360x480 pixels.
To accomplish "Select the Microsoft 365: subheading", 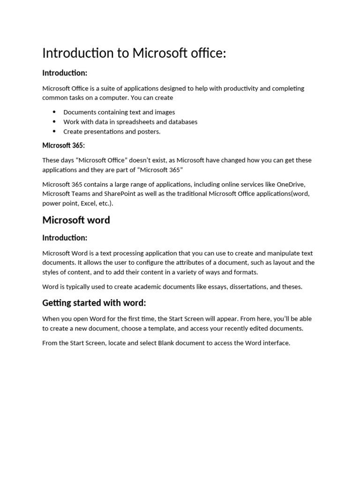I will (x=63, y=146).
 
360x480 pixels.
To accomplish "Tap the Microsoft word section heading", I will (x=76, y=220).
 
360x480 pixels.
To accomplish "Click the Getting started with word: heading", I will (x=94, y=303).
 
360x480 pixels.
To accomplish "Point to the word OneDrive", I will (x=291, y=184).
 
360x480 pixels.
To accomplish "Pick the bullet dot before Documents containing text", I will (x=54, y=112).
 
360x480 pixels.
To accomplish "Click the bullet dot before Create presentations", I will (x=54, y=131).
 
